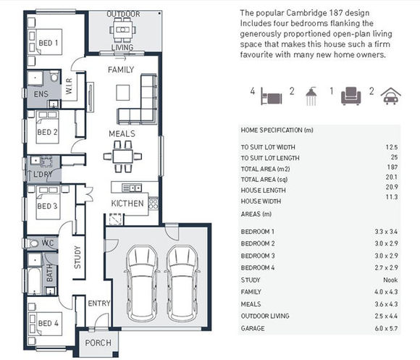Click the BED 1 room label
49,43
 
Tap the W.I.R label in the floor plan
69,86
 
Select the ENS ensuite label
41,94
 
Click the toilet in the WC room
31,243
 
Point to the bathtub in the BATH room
34,281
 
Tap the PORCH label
98,343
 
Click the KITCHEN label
127,204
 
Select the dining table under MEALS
122,156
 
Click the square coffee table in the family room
123,93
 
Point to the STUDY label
77,257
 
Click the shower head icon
311,96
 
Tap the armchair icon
351,96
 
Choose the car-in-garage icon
391,96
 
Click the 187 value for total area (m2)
392,167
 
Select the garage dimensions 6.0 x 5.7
386,328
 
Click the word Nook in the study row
390,280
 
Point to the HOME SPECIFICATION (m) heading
277,130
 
